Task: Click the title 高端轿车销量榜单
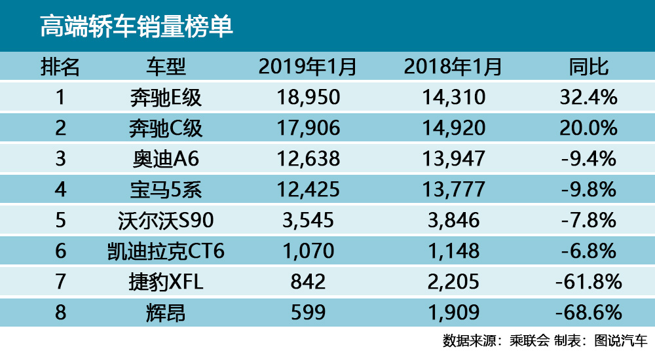click(x=137, y=27)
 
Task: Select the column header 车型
click(x=166, y=67)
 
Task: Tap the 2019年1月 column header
click(x=308, y=67)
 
